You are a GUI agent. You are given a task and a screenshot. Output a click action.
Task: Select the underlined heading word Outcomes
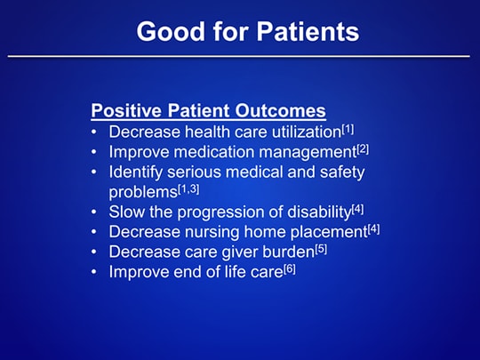coord(282,112)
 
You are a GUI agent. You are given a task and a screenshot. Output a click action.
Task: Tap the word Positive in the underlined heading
coord(124,112)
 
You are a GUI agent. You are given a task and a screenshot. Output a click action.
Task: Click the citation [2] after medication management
coord(363,148)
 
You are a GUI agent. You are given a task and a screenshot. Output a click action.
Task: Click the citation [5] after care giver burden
coord(321,249)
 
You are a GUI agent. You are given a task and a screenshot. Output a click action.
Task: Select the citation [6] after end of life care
coord(290,268)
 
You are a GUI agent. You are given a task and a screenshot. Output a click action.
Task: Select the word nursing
coord(223,232)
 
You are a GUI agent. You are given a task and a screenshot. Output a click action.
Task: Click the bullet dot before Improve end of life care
coord(95,273)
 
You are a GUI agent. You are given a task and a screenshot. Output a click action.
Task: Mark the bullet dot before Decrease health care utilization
coord(95,132)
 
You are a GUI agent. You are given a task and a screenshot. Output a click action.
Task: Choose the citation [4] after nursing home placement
coord(373,228)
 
